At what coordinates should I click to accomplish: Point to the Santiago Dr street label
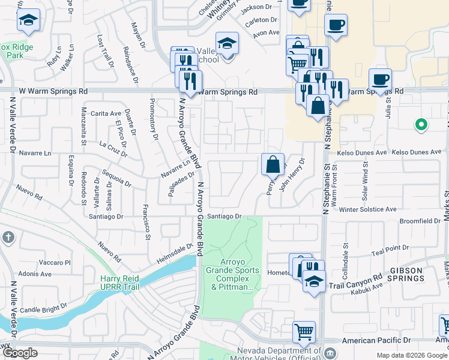click(224, 216)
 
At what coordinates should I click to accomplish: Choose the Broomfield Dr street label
click(420, 221)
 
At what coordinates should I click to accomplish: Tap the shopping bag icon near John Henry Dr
click(273, 163)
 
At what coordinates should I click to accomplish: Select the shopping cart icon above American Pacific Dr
click(304, 331)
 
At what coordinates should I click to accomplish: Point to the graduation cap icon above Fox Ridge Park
click(28, 20)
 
